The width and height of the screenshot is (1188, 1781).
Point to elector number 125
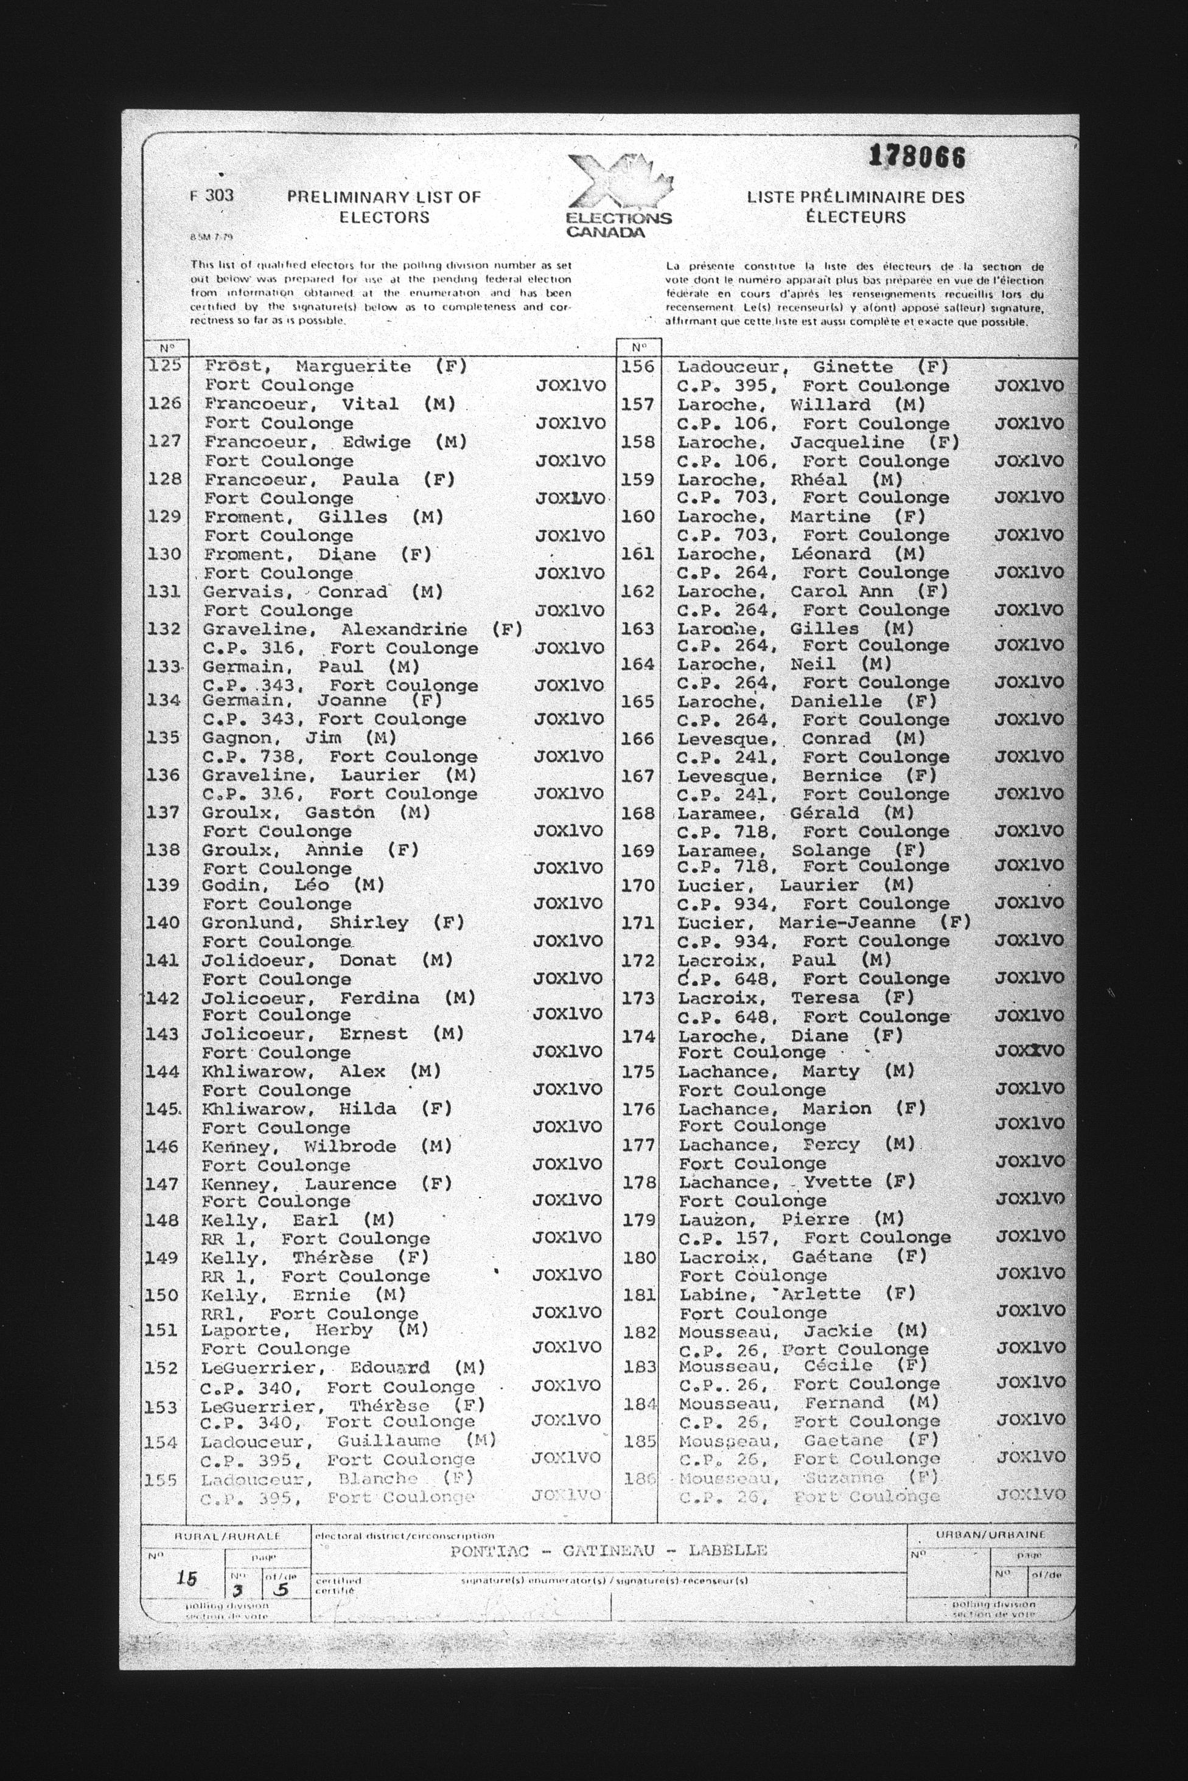click(x=165, y=365)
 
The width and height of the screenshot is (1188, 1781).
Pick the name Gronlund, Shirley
click(x=304, y=923)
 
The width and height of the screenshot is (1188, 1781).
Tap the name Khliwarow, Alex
click(x=293, y=1072)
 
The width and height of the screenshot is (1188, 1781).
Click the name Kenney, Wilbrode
click(x=298, y=1147)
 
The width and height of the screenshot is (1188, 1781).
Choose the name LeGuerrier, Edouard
click(x=315, y=1367)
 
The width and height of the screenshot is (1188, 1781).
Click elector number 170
click(x=637, y=885)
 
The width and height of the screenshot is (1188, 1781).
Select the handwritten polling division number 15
click(x=186, y=1578)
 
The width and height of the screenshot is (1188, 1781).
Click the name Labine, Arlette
click(x=770, y=1294)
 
